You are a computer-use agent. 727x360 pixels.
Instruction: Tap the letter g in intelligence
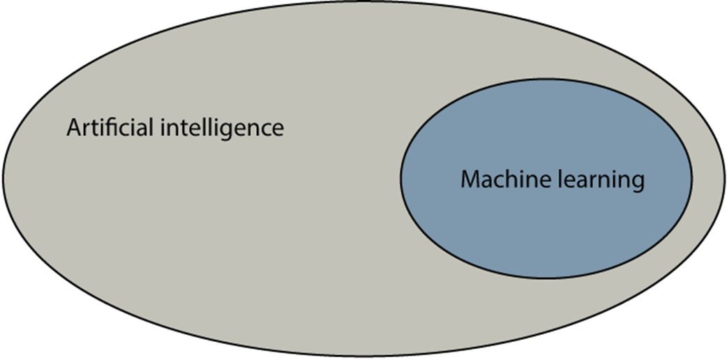point(243,133)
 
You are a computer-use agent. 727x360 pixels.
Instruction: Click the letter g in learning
point(636,184)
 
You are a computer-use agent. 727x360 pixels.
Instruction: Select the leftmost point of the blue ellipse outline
point(400,179)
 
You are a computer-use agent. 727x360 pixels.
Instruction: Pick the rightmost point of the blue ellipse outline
point(692,179)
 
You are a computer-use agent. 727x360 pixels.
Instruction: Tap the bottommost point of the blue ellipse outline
point(546,279)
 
